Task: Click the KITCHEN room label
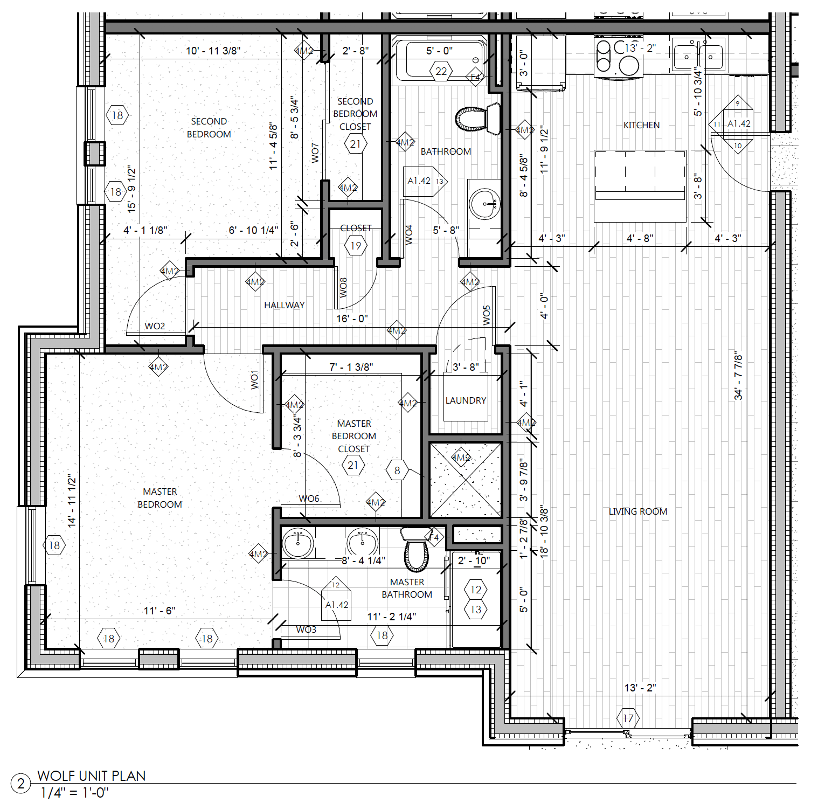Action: point(641,125)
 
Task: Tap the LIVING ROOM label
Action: point(637,511)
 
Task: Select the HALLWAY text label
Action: point(284,305)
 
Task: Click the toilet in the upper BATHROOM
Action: point(477,119)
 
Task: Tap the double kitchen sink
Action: point(698,55)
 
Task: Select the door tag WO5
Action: point(487,315)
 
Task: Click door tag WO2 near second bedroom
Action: point(155,326)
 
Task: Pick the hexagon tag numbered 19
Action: point(356,246)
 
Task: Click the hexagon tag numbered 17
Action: point(628,718)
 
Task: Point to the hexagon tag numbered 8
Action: point(397,470)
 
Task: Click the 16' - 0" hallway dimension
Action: point(351,319)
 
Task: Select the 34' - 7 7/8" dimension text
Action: point(738,376)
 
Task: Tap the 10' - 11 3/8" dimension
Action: point(213,51)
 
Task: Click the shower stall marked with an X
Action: point(466,479)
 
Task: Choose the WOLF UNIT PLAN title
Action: point(92,776)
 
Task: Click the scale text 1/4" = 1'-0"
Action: point(74,793)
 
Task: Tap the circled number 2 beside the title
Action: point(21,784)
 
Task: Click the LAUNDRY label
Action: point(466,400)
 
